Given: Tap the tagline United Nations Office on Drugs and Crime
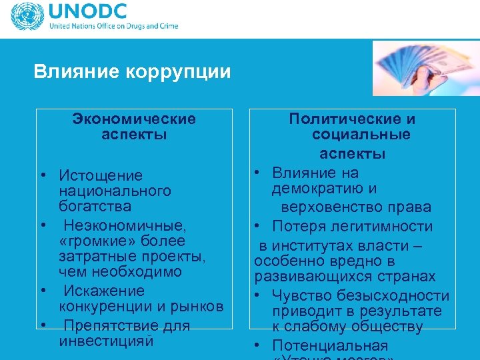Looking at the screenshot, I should [x=113, y=27].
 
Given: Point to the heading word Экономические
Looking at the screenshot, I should [x=134, y=119].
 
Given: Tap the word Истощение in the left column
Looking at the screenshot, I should [x=101, y=175].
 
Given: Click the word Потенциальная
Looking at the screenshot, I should [x=330, y=345].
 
